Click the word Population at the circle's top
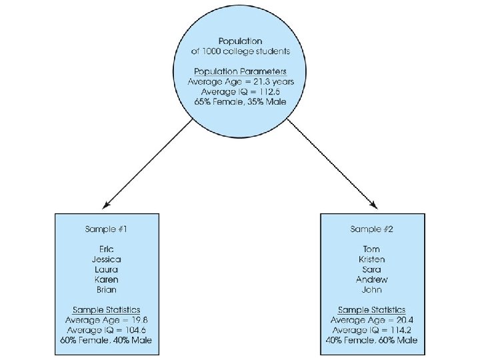tap(241, 41)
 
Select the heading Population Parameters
tap(241, 71)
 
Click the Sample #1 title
tap(107, 229)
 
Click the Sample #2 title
tap(372, 229)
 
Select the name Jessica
tap(107, 259)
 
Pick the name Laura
tap(107, 269)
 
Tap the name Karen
tap(107, 279)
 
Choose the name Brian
tap(107, 289)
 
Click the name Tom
tap(372, 249)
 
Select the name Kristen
tap(372, 259)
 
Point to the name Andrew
tap(372, 279)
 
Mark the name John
tap(372, 289)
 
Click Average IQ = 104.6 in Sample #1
tap(107, 330)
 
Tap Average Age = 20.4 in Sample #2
tap(372, 320)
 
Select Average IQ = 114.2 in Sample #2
tap(372, 330)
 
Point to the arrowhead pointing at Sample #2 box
tap(375, 204)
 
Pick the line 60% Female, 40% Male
tap(107, 340)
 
